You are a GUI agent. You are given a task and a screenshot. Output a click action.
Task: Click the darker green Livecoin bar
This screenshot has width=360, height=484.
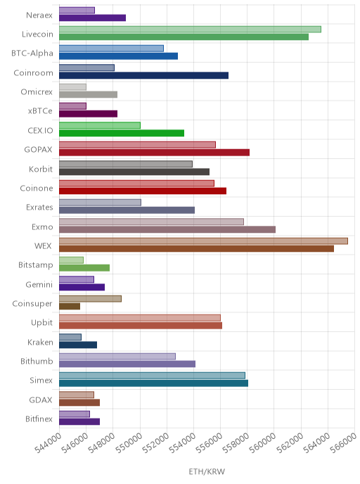184,37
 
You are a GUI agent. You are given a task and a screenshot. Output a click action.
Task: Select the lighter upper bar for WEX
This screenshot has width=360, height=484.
204,241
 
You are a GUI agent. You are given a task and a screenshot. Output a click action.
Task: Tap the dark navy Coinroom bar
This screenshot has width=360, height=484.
143,75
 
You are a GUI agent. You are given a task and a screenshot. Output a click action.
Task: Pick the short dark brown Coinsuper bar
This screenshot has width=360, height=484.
70,306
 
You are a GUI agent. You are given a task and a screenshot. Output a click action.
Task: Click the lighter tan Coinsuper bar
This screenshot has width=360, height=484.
91,299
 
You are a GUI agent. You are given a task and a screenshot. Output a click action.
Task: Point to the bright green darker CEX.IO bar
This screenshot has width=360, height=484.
122,133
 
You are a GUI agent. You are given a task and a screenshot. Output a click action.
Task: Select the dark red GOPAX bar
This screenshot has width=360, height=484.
154,152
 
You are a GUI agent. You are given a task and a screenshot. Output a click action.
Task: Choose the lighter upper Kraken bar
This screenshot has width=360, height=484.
70,337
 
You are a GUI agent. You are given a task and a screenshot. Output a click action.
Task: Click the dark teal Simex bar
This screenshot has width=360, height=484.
153,383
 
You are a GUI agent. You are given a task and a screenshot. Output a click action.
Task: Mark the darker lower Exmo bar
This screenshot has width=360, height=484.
167,229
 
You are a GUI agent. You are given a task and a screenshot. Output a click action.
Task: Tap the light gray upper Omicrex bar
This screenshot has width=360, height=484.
73,87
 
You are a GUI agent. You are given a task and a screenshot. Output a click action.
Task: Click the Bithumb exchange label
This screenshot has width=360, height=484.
37,361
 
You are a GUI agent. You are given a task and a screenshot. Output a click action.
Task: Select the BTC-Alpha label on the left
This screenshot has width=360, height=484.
32,53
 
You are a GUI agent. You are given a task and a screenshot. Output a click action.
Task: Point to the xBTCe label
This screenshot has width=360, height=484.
40,111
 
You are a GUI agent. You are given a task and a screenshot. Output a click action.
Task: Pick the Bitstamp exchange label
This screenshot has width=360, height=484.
36,265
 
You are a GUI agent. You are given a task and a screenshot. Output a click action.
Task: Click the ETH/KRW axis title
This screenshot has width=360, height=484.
207,471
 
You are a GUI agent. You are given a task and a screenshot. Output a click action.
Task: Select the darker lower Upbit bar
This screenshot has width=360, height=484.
141,325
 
